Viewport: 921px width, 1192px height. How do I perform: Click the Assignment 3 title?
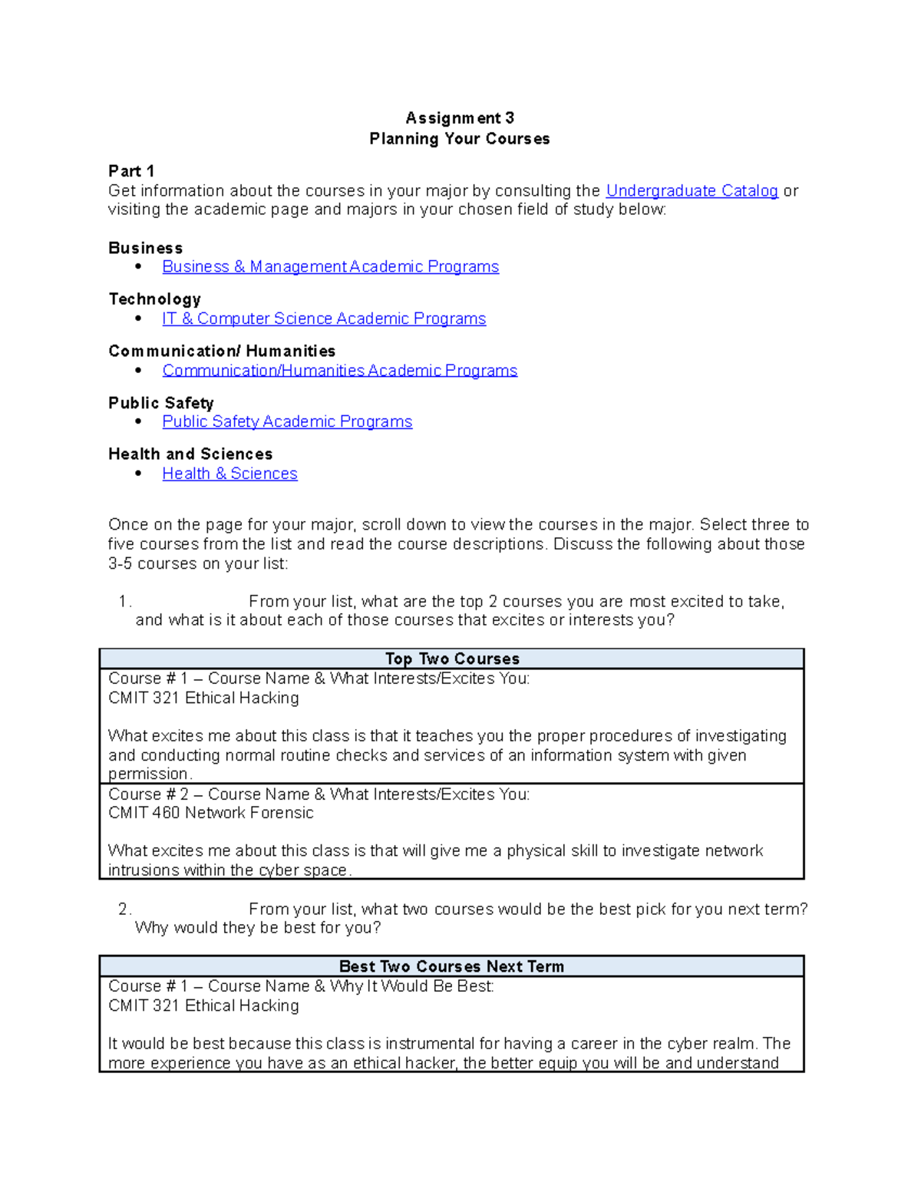point(460,118)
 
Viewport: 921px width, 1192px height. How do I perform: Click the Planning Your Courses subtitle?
point(460,139)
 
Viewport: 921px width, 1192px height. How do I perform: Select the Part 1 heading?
point(131,171)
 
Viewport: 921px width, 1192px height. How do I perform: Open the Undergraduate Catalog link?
point(692,190)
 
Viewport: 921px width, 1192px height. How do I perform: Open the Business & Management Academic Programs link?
point(330,266)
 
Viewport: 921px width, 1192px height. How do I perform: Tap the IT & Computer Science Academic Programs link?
point(324,319)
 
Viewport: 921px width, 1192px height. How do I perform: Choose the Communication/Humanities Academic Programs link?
point(339,371)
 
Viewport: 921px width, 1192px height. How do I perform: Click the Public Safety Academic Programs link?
point(287,421)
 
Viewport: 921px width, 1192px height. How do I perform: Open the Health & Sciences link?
point(229,474)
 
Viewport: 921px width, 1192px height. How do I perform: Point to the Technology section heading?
point(154,299)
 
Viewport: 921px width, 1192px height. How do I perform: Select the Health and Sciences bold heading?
point(190,454)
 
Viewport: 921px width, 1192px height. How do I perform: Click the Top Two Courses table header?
point(452,659)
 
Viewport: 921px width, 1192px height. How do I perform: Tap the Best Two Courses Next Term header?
point(451,966)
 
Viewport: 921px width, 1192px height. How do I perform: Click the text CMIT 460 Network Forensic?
point(211,813)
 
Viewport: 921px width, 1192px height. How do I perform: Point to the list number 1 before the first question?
point(125,602)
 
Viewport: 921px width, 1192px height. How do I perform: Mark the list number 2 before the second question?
point(124,910)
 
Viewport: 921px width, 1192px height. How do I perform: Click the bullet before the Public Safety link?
point(138,421)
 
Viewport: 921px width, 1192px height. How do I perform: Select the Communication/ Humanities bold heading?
point(222,351)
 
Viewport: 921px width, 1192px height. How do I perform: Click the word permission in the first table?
point(148,774)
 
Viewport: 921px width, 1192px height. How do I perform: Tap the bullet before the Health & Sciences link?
point(138,474)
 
